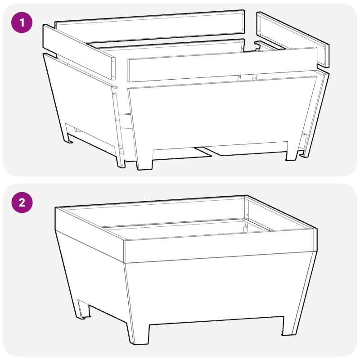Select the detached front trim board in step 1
pos(220,66)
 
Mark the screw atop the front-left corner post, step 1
pos(116,87)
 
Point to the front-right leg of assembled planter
pos(289,325)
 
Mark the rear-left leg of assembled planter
pos(83,310)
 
